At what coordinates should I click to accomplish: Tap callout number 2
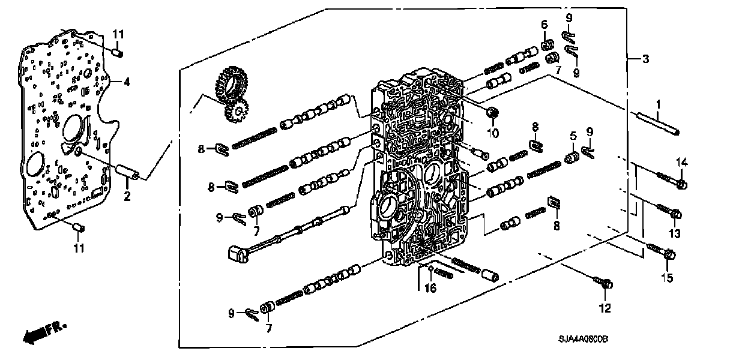click(127, 197)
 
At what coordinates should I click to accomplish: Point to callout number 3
click(645, 59)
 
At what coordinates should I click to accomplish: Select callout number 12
click(604, 308)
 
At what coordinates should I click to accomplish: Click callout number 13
click(674, 233)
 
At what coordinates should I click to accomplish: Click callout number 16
click(430, 289)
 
